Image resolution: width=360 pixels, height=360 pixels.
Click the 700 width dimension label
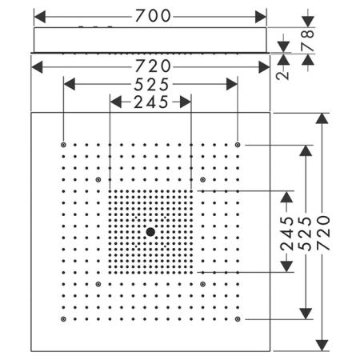coord(153,16)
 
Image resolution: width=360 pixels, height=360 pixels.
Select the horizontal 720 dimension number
coord(153,66)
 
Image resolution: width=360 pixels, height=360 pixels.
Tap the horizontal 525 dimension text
coord(151,85)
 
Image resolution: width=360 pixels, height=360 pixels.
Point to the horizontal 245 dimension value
coord(151,102)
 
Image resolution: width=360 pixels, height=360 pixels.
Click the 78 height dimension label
coord(308,40)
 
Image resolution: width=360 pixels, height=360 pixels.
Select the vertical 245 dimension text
coord(287,234)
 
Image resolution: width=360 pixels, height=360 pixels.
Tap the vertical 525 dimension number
coord(305,234)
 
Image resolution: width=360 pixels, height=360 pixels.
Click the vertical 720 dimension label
coord(323,233)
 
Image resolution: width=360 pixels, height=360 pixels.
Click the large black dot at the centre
coord(150,232)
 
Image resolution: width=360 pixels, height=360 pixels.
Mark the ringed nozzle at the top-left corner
coord(63,145)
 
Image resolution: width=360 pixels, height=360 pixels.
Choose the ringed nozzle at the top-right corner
coord(238,145)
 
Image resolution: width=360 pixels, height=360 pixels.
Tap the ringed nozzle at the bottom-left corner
coord(63,319)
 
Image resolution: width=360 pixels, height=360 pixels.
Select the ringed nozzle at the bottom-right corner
coord(238,319)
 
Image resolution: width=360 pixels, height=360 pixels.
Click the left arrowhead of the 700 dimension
coord(40,17)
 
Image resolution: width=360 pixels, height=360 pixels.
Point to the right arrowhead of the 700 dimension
coord(261,17)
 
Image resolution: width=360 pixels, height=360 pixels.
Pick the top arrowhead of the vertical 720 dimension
coord(322,118)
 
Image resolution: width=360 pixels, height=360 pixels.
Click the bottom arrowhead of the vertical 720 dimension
coord(322,346)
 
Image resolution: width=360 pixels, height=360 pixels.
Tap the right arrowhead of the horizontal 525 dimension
coord(232,84)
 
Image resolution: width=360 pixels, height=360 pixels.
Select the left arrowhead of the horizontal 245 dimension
coord(116,102)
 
